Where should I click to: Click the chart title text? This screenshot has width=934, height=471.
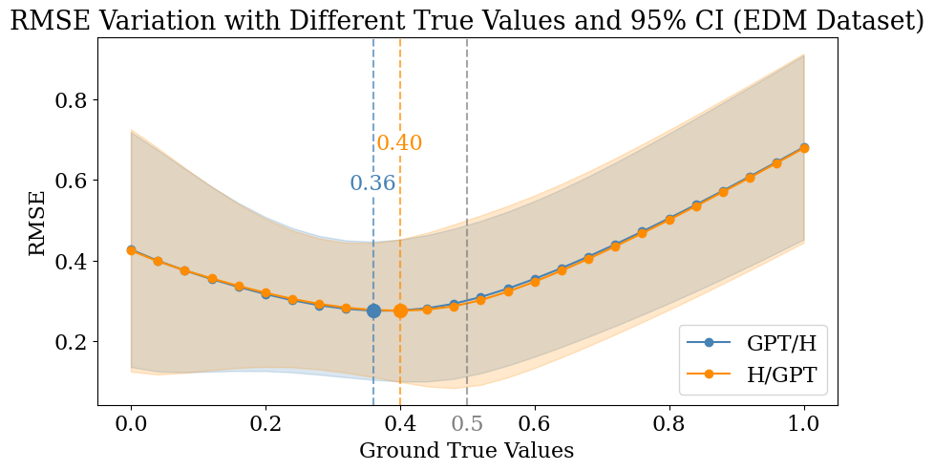467,20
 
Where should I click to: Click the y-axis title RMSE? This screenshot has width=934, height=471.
37,223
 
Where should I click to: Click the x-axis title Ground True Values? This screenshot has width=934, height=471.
466,450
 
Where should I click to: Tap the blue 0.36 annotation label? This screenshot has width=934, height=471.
372,183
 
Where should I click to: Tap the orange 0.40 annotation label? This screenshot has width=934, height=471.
399,143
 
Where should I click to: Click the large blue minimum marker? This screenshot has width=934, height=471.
373,310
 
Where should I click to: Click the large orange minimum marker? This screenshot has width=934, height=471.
400,310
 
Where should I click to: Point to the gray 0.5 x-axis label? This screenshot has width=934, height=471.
467,423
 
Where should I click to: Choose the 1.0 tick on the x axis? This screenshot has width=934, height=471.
804,423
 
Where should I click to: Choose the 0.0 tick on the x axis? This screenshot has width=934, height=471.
131,423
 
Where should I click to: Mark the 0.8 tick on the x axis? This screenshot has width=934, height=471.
669,423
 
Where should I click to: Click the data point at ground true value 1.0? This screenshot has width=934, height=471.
804,148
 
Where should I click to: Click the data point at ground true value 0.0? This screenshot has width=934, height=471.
131,250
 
